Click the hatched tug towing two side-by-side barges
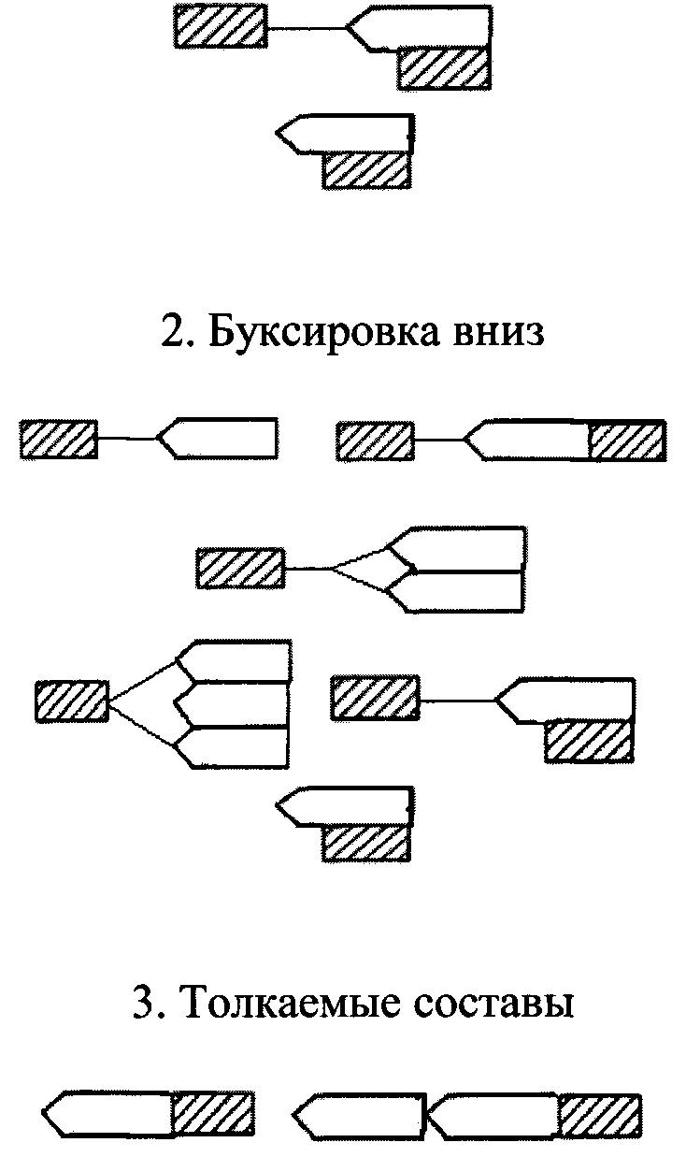pos(240,569)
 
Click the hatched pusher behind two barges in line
pos(600,1113)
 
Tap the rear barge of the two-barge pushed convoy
pos(495,1113)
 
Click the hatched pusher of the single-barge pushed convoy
pos(214,1113)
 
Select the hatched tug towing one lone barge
pos(58,439)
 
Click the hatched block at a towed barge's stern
pos(627,440)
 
